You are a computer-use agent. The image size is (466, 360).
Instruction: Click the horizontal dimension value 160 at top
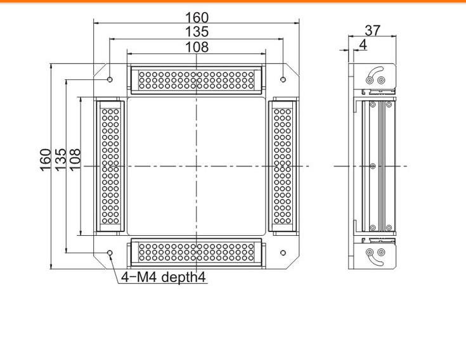click(x=197, y=18)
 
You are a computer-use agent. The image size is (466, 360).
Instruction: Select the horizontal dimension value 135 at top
click(x=197, y=32)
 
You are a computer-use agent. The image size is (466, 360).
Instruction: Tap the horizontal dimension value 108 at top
click(x=197, y=46)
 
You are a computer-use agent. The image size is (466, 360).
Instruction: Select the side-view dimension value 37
click(x=373, y=30)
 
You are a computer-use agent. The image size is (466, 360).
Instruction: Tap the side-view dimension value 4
click(x=363, y=44)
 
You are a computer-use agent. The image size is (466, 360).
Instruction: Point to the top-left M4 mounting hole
click(x=110, y=80)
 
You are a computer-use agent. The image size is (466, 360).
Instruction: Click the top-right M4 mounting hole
click(x=283, y=80)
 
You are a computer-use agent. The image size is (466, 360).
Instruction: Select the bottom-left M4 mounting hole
click(x=110, y=253)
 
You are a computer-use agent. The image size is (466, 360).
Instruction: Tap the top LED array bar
click(x=196, y=80)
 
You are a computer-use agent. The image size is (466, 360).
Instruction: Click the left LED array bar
click(x=110, y=166)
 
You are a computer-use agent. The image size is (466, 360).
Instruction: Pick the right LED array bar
click(x=283, y=166)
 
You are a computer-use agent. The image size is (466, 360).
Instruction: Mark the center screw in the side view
click(x=372, y=166)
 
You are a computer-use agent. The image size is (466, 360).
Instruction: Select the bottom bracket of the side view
click(x=375, y=255)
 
